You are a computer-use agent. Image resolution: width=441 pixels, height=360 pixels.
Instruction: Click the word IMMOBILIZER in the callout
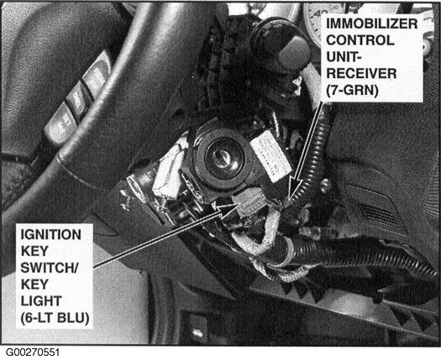(x=371, y=23)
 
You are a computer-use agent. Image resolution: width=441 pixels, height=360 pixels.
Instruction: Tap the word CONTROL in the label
(x=360, y=40)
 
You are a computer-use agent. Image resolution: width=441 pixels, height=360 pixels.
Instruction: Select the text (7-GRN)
(x=352, y=91)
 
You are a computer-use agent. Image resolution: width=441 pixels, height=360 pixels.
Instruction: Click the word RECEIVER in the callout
(x=361, y=74)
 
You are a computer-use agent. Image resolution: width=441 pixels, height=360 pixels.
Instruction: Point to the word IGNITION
(x=51, y=235)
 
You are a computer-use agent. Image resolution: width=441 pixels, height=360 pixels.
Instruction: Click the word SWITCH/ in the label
(x=50, y=268)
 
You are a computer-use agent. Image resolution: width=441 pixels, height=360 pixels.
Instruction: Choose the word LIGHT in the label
(x=41, y=301)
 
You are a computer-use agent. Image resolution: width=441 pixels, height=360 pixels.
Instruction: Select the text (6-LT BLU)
(x=55, y=318)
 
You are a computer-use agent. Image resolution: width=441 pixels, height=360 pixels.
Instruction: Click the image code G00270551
(x=33, y=352)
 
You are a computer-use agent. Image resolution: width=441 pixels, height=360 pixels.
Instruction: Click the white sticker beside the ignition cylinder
(x=270, y=155)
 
